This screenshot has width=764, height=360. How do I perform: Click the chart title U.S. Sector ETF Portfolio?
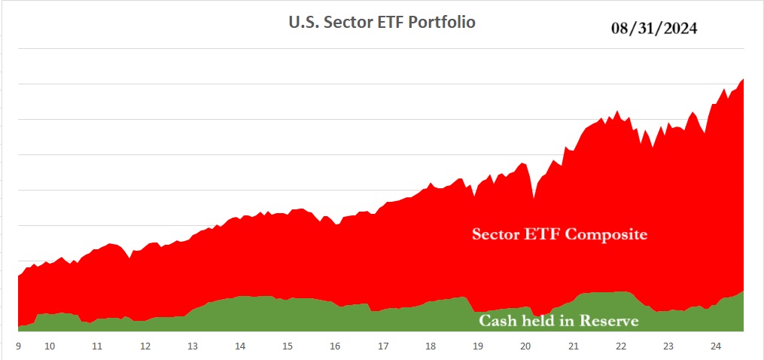pyautogui.click(x=382, y=22)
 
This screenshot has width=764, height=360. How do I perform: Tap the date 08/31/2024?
pyautogui.click(x=654, y=29)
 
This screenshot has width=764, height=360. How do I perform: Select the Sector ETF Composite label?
pyautogui.click(x=559, y=234)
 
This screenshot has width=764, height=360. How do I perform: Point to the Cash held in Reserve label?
pyautogui.click(x=559, y=321)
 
